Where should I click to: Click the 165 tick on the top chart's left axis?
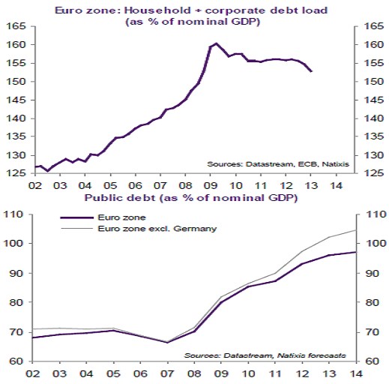(x=16, y=26)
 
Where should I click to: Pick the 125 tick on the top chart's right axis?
(x=373, y=173)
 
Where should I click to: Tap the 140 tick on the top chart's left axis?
(x=16, y=118)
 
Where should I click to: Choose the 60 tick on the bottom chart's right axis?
(x=370, y=361)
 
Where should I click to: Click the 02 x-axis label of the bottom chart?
(x=34, y=372)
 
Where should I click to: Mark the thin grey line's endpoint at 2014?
(x=355, y=230)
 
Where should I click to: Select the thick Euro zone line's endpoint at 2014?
(x=355, y=252)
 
